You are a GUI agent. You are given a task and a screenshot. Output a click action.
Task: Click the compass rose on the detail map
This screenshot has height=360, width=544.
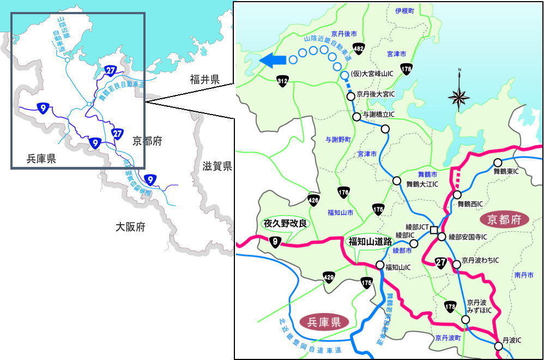(x=459, y=98)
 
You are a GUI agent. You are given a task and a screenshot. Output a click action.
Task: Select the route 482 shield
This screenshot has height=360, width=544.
(x=358, y=49)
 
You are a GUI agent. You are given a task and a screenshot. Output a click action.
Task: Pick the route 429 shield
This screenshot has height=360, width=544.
(x=328, y=277)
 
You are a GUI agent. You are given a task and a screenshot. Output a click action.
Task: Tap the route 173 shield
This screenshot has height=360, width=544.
(x=450, y=307)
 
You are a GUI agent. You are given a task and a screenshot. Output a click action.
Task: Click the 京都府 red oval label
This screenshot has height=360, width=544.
(x=505, y=220)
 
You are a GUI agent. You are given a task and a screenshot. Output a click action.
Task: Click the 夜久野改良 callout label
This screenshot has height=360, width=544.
(x=286, y=224)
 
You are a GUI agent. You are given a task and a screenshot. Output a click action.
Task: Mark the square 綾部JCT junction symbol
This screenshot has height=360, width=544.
(x=433, y=230)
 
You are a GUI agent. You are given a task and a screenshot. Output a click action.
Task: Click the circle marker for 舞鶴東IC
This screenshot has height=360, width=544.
(x=498, y=163)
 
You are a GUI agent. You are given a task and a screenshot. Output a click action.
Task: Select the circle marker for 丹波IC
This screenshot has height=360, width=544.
(x=498, y=346)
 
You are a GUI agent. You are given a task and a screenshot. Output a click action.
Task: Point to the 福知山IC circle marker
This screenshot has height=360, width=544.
(x=380, y=265)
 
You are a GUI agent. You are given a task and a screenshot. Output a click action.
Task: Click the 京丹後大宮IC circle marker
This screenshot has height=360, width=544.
(x=351, y=96)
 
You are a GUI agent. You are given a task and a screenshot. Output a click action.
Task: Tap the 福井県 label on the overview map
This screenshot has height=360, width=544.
(x=205, y=80)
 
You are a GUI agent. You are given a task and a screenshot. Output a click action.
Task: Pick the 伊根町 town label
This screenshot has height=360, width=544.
(x=405, y=11)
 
